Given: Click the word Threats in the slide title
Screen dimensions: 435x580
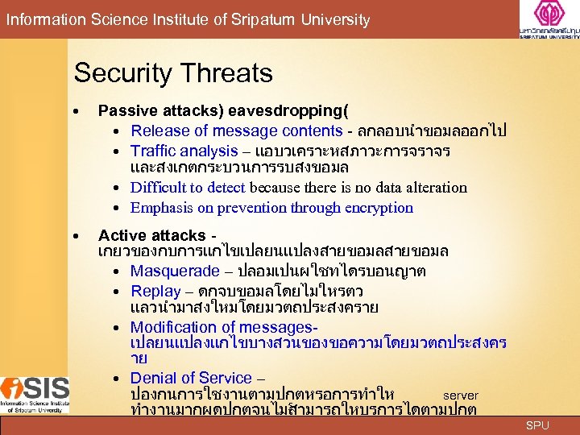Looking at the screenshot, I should coord(228,73).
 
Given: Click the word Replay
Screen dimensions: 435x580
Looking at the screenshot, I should coord(155,290).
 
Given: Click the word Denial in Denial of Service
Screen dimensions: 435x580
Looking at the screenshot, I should coord(151,378).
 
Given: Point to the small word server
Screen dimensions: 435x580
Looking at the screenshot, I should coord(461,396).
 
